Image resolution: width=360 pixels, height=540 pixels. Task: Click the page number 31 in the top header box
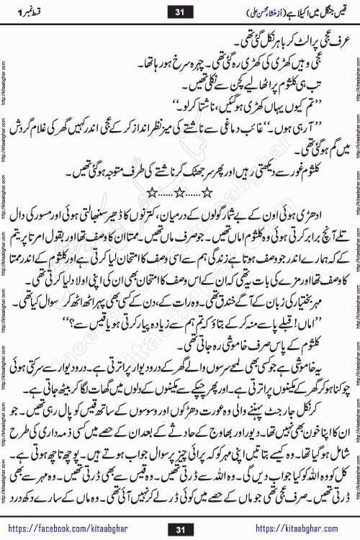pos(181,11)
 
